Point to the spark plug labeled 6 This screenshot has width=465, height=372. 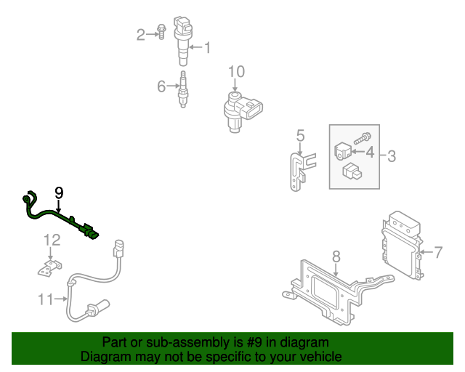coord(183,89)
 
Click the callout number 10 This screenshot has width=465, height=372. coord(237,72)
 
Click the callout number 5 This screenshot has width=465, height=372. coord(299,135)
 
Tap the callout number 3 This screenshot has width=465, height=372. coord(391,155)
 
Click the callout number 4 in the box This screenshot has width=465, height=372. coord(369,153)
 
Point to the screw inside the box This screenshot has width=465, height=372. coord(363,136)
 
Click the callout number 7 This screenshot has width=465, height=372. coord(438,253)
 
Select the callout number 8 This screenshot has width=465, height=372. coord(336,256)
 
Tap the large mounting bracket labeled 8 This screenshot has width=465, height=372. coord(327,291)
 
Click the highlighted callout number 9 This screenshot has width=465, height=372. coord(59,193)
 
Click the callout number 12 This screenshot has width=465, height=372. coord(52,240)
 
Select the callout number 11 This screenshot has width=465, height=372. coord(46,298)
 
